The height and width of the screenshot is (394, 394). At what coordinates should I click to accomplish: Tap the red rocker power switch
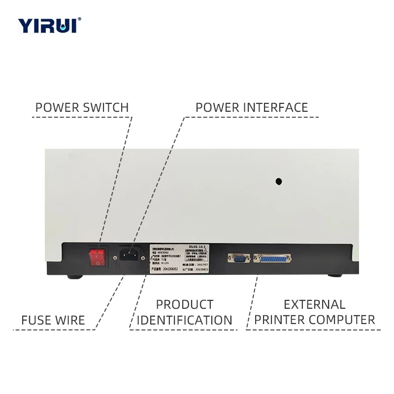(97, 256)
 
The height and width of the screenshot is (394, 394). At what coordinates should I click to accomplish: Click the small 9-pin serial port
(238, 258)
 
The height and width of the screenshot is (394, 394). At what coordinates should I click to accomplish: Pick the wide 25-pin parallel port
(272, 258)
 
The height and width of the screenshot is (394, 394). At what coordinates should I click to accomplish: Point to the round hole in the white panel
(278, 181)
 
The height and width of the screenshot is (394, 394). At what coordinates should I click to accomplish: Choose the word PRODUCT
(185, 305)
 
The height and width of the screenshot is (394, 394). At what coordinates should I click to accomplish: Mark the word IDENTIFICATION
(185, 320)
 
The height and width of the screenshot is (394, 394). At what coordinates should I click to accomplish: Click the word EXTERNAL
(314, 305)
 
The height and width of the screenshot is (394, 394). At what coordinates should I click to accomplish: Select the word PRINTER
(279, 320)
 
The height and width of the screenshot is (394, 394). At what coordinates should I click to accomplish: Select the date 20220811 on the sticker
(202, 269)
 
